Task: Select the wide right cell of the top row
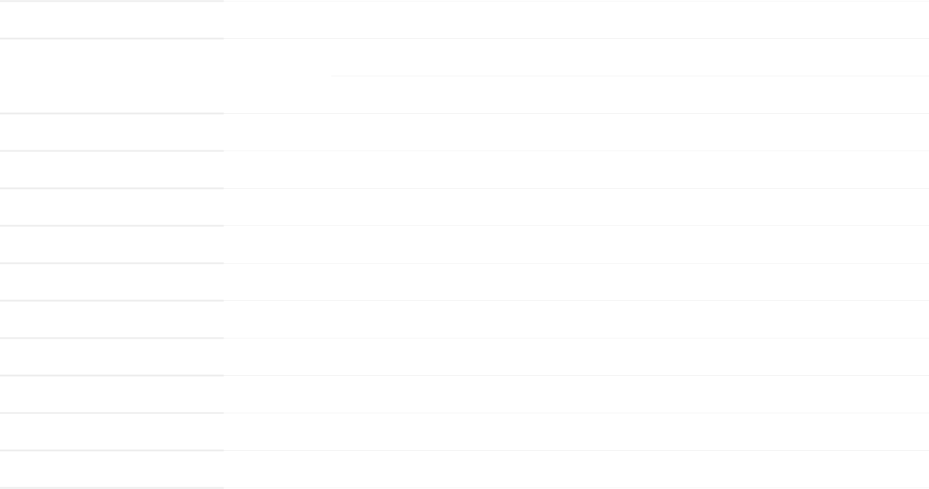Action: coord(576,19)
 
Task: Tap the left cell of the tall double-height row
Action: coord(111,76)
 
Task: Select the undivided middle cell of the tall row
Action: coord(278,76)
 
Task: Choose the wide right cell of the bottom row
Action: coord(576,470)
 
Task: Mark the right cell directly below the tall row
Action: coord(576,132)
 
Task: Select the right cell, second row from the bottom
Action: coord(576,431)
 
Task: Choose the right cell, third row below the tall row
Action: coord(576,207)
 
